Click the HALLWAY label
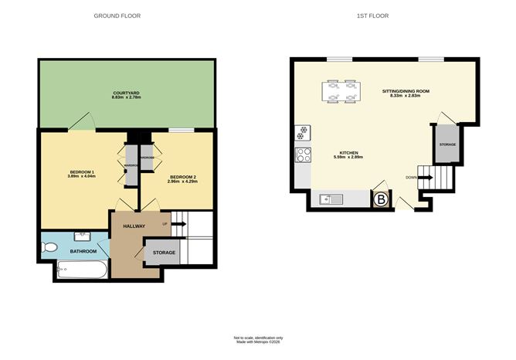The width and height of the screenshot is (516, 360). [129, 226]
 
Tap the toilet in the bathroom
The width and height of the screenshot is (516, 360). [50, 248]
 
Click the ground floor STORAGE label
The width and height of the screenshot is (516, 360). [163, 253]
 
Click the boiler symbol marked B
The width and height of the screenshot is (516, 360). [380, 200]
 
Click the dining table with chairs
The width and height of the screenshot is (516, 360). [341, 92]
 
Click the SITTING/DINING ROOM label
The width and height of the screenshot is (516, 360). [406, 93]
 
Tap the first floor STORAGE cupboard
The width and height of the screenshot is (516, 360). [447, 145]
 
